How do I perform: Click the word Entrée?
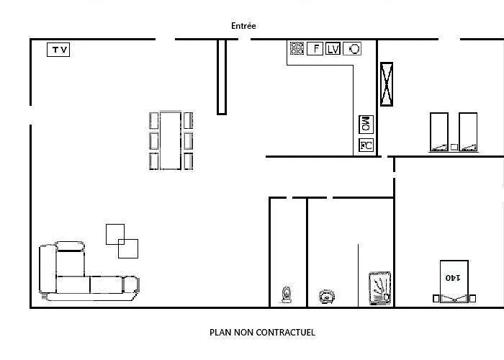click(243, 26)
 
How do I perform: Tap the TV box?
click(58, 50)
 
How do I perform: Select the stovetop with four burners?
click(297, 48)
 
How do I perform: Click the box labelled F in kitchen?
click(315, 48)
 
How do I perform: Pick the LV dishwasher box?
click(333, 49)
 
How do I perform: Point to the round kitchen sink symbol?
click(352, 49)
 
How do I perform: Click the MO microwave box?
click(366, 125)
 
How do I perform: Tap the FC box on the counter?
click(366, 145)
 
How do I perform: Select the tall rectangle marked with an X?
click(387, 84)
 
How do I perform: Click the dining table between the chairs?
click(171, 140)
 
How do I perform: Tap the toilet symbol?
click(287, 294)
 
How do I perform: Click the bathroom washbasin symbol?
click(327, 297)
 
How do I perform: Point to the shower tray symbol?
click(380, 288)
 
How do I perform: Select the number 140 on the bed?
click(453, 277)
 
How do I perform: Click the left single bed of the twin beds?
click(439, 132)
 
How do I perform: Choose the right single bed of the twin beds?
click(468, 132)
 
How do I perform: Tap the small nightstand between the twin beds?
click(454, 147)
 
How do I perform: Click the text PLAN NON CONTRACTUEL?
click(262, 333)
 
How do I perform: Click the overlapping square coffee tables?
click(122, 241)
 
